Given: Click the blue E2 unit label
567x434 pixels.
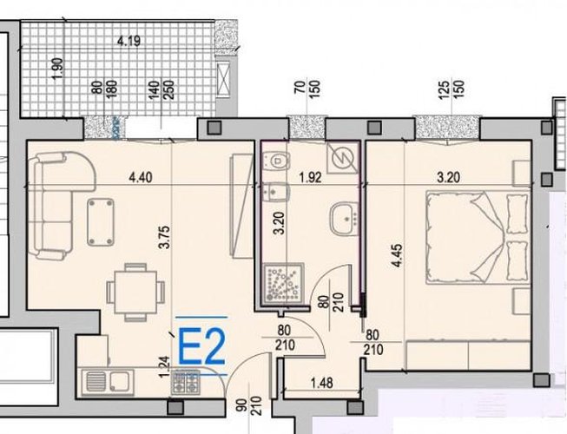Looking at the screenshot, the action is point(202,347).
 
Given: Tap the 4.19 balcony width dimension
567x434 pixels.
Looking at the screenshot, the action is point(129,41).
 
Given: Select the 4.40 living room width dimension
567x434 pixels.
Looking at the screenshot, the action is point(141,177).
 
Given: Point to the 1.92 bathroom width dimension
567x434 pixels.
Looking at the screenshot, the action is point(311,177).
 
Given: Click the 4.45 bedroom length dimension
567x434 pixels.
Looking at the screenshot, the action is point(397,256).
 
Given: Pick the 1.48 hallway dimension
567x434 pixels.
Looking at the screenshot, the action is point(322,383).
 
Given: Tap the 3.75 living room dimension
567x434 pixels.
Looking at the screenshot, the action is point(164,237).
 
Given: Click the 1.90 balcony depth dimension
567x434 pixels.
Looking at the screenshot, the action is point(58,69).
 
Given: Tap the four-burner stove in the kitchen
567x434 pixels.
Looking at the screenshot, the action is point(186,382).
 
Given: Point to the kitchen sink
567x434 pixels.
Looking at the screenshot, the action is point(108,382).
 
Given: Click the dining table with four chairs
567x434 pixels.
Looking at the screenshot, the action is point(135,293).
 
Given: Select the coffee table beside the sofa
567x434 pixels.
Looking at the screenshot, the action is point(101,222).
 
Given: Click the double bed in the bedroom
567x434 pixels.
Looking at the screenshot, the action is point(478,238).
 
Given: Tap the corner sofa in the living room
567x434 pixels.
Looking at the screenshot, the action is point(60,204).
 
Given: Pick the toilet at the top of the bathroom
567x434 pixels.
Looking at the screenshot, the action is point(276,160).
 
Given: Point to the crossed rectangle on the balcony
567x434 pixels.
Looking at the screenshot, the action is point(222,79).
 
